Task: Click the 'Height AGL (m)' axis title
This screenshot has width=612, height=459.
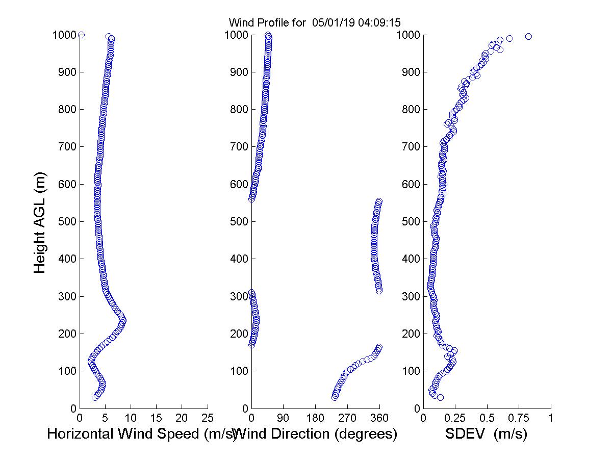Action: pos(40,222)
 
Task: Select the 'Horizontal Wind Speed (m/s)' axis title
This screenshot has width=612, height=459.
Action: pos(142,434)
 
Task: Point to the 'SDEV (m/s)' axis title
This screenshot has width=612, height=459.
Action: pos(486,434)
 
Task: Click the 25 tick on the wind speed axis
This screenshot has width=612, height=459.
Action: pos(208,418)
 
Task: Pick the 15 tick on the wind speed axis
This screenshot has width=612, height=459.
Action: pos(157,418)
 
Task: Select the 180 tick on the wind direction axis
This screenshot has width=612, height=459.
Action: pos(315,418)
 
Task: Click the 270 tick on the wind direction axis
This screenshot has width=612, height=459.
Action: pos(347,418)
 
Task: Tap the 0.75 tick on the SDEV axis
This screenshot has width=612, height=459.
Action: pos(519,418)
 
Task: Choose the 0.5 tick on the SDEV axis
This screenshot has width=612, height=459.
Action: pos(487,418)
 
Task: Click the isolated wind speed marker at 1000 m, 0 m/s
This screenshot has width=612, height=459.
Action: pos(81,35)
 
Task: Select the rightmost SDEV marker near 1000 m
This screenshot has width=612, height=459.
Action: pos(528,36)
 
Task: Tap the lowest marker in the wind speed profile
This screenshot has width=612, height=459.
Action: pos(95,397)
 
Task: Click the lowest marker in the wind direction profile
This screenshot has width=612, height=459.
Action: pos(335,397)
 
